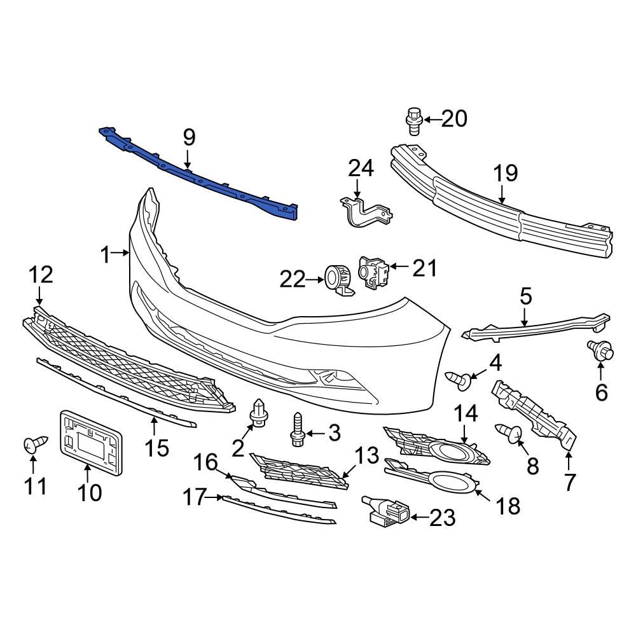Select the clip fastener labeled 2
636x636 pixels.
(259, 414)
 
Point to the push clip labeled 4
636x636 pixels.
(463, 379)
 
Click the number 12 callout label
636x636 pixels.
(39, 275)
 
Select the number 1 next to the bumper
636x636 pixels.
(106, 255)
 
